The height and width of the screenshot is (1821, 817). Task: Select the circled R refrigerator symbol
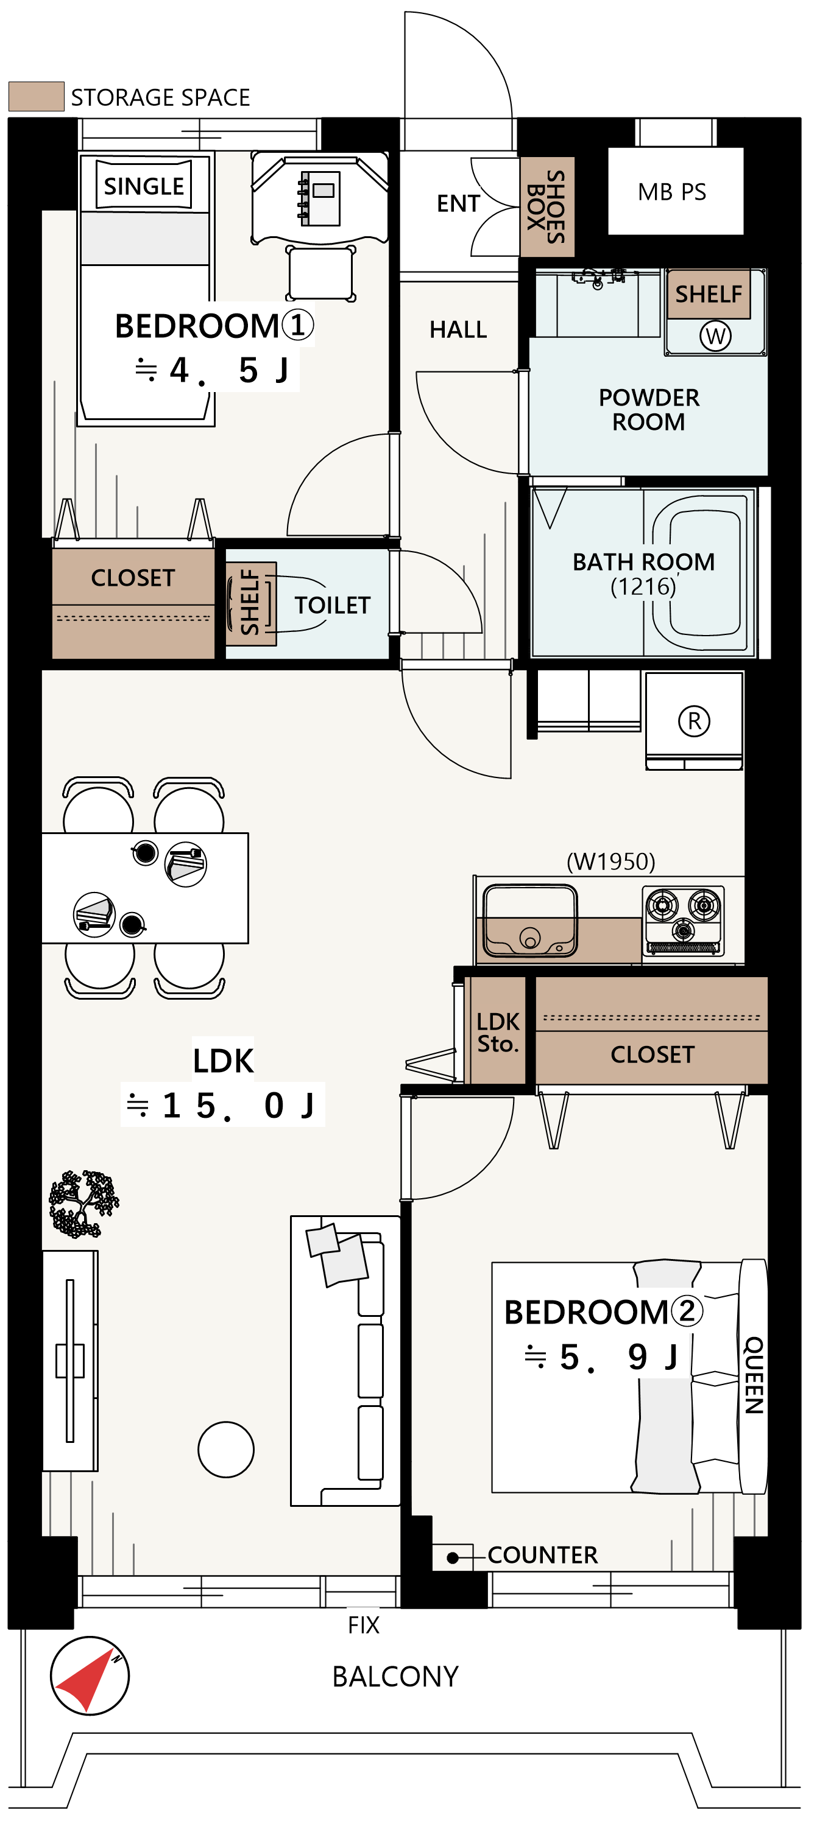point(694,721)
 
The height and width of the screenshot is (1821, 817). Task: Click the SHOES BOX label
point(546,206)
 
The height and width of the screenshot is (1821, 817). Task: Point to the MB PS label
point(671,192)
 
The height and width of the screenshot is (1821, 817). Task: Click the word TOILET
point(332,605)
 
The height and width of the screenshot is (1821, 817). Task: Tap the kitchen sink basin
point(529,919)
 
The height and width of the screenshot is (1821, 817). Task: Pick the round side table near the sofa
point(225,1449)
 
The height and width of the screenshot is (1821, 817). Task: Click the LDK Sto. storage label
point(498,1032)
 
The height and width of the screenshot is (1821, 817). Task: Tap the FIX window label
point(364,1624)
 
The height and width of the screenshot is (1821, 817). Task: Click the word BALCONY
point(395,1676)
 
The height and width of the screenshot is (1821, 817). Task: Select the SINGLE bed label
point(144,186)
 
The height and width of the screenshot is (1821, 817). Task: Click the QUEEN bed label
point(754,1374)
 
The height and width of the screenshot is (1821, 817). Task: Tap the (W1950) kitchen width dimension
point(610,861)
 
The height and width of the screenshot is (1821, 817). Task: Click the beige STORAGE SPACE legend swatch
point(36,96)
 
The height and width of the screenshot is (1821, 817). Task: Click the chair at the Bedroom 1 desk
point(320,273)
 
